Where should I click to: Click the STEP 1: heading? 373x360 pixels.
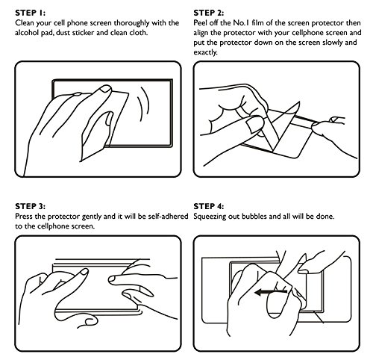(31, 13)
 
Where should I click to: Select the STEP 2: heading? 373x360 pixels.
(209, 13)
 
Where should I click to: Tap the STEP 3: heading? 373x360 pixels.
(31, 206)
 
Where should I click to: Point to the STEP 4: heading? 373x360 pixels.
(209, 206)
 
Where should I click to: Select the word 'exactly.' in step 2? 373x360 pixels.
(206, 52)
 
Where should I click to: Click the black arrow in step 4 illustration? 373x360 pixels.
(272, 292)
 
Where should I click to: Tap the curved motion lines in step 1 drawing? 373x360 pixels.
(145, 105)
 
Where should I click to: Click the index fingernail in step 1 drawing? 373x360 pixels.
(107, 89)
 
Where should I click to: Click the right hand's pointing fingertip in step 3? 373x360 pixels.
(113, 279)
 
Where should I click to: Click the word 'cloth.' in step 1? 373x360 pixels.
(138, 33)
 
